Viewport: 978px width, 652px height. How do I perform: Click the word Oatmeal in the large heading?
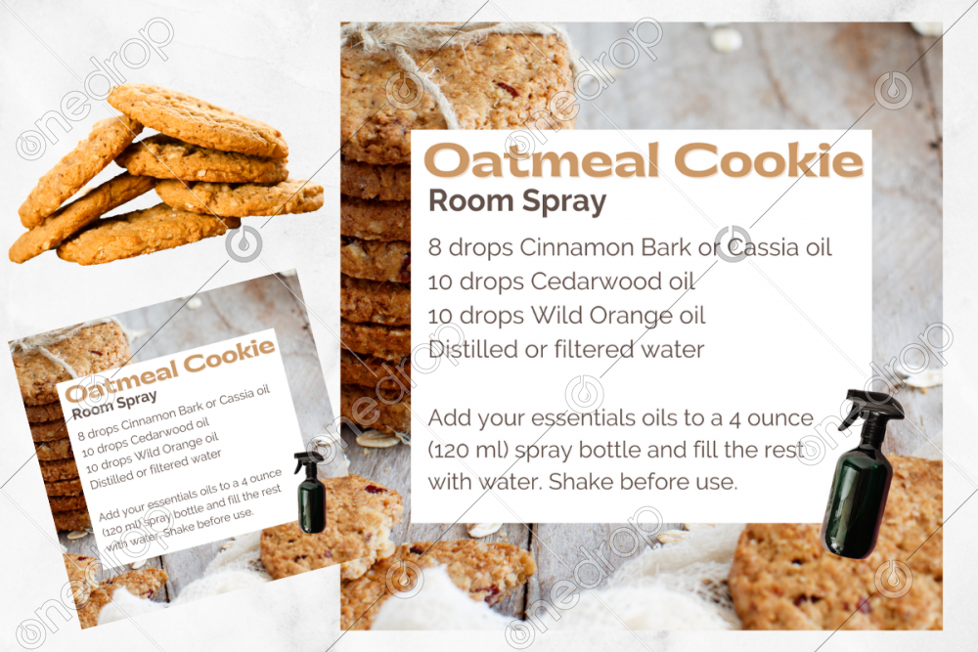pos(542,160)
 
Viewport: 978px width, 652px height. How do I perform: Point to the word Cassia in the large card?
pos(763,247)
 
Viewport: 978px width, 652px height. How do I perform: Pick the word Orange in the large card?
pos(631,316)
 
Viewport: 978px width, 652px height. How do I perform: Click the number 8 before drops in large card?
pos(435,248)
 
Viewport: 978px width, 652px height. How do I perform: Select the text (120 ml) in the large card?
pos(467,450)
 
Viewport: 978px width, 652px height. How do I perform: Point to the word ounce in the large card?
pos(780,418)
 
